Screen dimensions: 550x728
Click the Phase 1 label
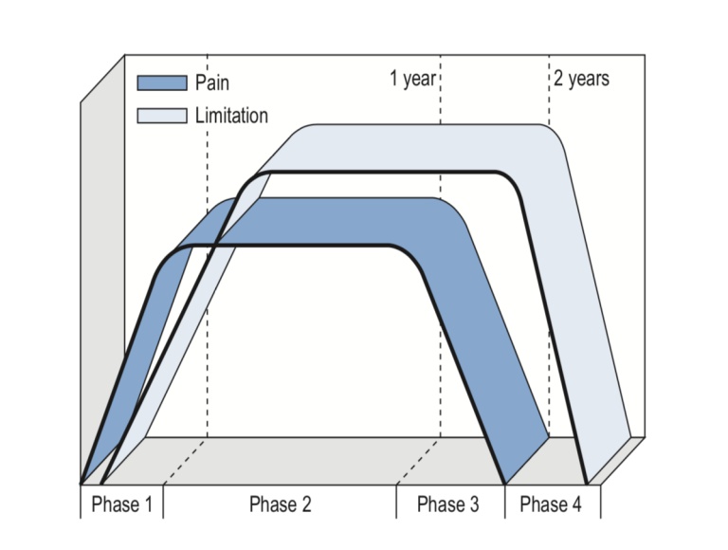pyautogui.click(x=121, y=504)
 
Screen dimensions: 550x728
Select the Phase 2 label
pyautogui.click(x=280, y=504)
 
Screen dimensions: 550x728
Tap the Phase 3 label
pyautogui.click(x=448, y=504)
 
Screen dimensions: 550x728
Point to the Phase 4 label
pyautogui.click(x=551, y=504)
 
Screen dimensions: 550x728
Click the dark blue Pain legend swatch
pyautogui.click(x=162, y=82)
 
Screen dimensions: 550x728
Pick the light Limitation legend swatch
pyautogui.click(x=162, y=115)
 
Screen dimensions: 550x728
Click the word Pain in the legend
pyautogui.click(x=212, y=82)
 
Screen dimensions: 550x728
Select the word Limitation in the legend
pyautogui.click(x=231, y=115)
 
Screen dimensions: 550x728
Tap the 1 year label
pyautogui.click(x=412, y=79)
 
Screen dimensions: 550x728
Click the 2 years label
pyautogui.click(x=581, y=79)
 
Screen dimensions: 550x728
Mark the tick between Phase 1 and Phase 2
pyautogui.click(x=163, y=501)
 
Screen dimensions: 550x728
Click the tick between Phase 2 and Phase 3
pyautogui.click(x=396, y=501)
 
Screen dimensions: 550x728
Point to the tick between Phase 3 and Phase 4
pyautogui.click(x=504, y=501)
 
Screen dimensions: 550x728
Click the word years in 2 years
pyautogui.click(x=589, y=79)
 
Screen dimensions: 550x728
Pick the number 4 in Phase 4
pyautogui.click(x=576, y=504)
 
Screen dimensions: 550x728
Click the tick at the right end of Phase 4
pyautogui.click(x=600, y=501)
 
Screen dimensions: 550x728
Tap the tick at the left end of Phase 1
pyautogui.click(x=80, y=501)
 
